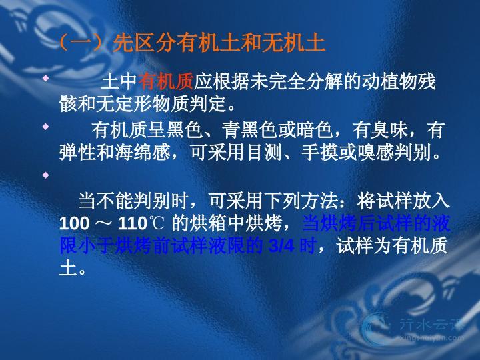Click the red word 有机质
pyautogui.click(x=165, y=81)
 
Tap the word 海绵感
pyautogui.click(x=143, y=152)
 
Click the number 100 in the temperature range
pyautogui.click(x=74, y=223)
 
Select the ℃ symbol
pyautogui.click(x=157, y=223)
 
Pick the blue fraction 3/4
pyautogui.click(x=281, y=246)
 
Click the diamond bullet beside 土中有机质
pyautogui.click(x=45, y=78)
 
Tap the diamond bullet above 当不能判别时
pyautogui.click(x=45, y=175)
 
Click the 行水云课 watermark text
pyautogui.click(x=431, y=325)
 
